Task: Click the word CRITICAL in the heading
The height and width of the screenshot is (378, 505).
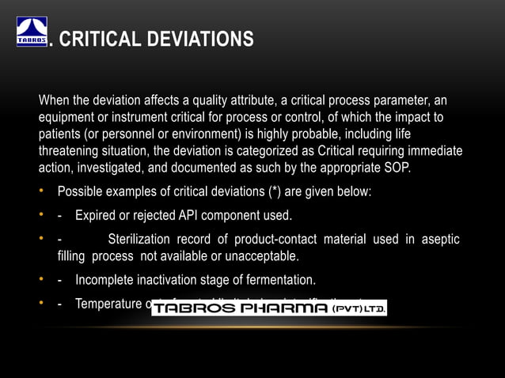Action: [x=98, y=38]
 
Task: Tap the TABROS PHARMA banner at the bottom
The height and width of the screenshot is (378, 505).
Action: [x=269, y=308]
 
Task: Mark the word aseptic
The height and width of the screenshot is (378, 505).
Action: [x=440, y=240]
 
